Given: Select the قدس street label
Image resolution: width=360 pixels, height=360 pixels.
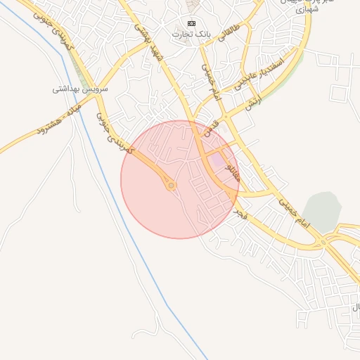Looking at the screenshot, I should click(x=213, y=129).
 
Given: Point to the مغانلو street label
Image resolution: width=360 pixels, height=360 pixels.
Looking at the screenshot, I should click(x=234, y=171).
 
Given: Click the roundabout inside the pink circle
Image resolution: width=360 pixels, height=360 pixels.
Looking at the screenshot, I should click(x=170, y=186).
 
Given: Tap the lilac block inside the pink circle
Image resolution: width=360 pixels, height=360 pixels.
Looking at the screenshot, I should click(x=217, y=162).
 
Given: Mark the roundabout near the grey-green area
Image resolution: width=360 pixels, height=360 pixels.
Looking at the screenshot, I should click(x=323, y=243).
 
